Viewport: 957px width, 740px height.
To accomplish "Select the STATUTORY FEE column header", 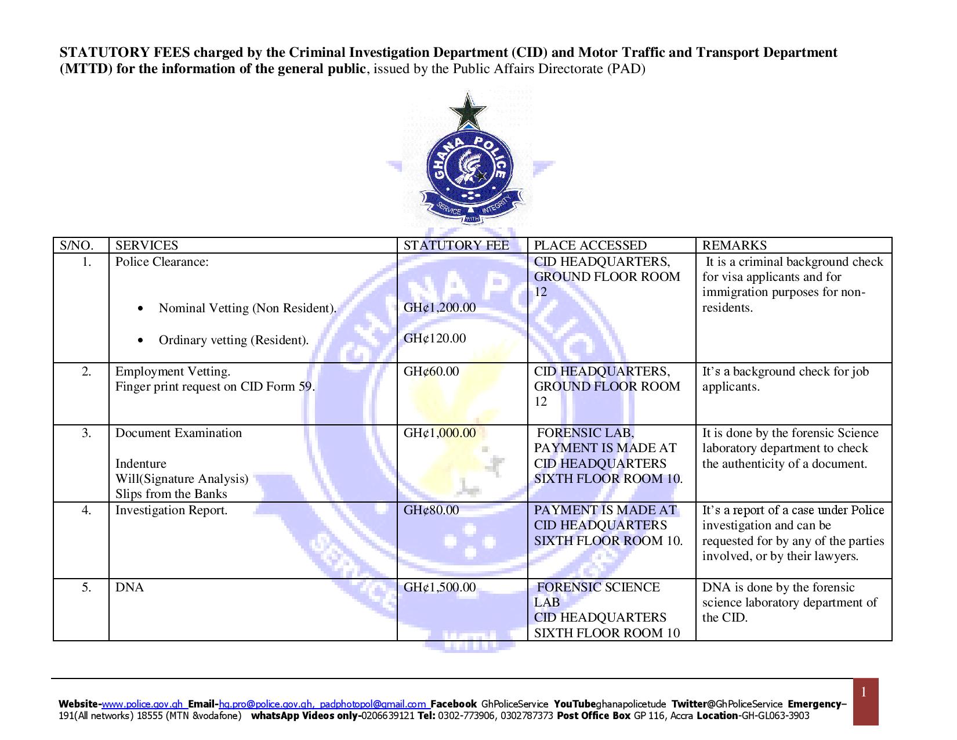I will click(x=456, y=246).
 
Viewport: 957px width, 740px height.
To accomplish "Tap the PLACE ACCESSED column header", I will click(x=590, y=246).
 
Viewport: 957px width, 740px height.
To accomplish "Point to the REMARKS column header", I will click(x=734, y=246).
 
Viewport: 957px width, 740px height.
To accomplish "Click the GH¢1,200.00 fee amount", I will click(x=439, y=308).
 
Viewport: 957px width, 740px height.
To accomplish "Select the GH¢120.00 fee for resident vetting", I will click(x=434, y=338).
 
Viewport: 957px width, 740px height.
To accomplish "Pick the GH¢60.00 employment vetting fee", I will click(x=431, y=371).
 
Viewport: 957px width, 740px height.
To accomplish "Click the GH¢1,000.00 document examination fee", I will click(x=439, y=433).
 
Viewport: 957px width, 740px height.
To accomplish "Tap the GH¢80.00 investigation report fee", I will click(x=431, y=510).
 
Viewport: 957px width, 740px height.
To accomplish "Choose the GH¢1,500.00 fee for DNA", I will click(x=439, y=587).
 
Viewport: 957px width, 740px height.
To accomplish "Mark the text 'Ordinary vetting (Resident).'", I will click(x=234, y=340).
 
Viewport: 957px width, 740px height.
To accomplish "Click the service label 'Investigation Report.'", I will click(x=171, y=510).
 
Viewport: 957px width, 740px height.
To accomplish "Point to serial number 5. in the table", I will click(x=86, y=587).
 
